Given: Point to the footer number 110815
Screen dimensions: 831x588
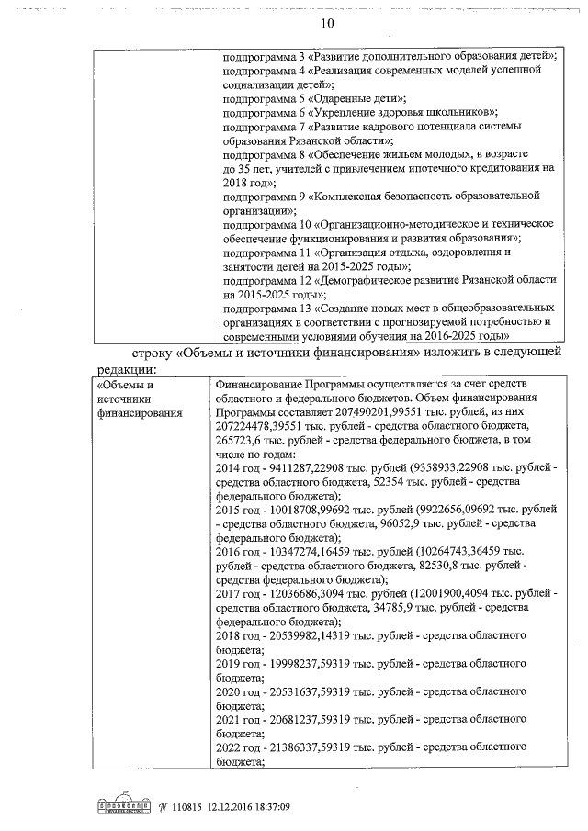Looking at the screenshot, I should [191, 806].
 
